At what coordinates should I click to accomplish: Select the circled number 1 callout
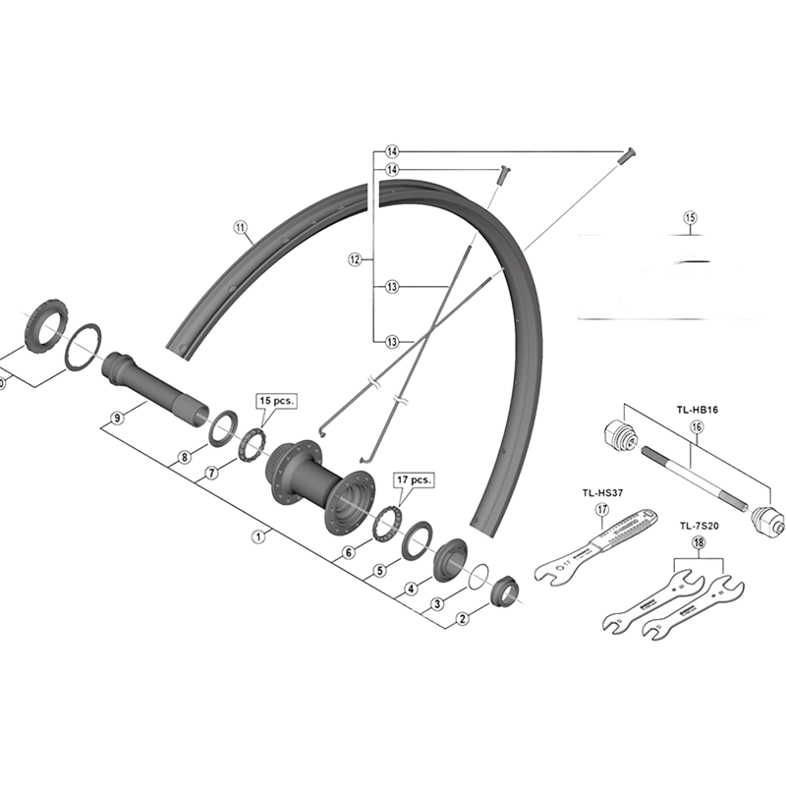258,536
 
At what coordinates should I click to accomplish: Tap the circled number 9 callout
117,419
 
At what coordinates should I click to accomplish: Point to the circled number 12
355,260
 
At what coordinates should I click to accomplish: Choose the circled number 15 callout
689,217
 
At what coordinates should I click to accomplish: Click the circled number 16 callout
697,427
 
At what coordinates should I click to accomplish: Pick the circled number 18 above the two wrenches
699,542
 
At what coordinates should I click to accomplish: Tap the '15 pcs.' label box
276,401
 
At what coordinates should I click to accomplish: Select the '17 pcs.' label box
414,480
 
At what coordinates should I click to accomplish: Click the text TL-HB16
697,411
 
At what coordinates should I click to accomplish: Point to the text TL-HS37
602,493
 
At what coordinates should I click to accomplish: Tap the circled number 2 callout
462,619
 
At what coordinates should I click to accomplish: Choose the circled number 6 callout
348,553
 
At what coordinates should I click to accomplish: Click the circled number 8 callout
184,457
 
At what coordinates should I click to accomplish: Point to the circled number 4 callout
412,589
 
